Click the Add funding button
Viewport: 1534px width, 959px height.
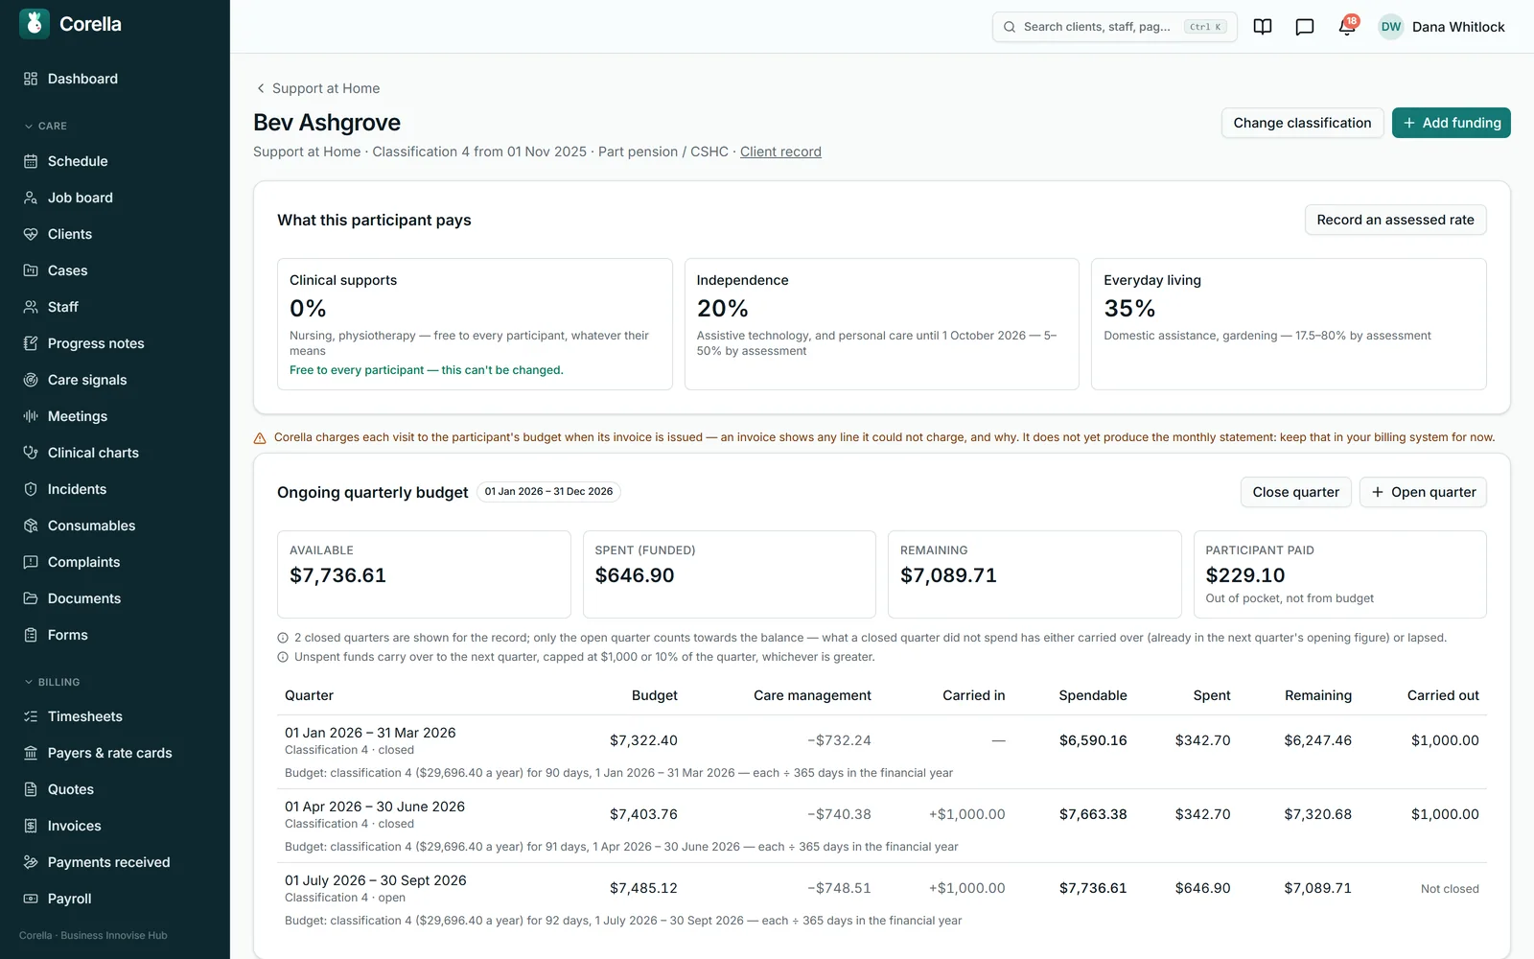tap(1451, 123)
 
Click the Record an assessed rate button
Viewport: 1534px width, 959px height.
tap(1395, 220)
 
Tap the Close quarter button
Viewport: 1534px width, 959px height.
tap(1295, 492)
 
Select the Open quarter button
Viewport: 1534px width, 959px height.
tap(1423, 492)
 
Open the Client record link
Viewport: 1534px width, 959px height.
tap(780, 152)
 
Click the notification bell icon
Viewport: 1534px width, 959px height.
tap(1346, 27)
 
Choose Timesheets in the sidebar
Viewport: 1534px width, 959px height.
tap(85, 715)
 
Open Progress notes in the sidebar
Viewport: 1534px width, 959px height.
tap(96, 343)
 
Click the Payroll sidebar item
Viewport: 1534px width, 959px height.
tap(69, 898)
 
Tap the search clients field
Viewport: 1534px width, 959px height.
tap(1114, 27)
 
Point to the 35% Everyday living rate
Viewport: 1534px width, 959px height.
tap(1129, 308)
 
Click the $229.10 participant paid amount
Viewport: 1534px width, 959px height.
tap(1244, 574)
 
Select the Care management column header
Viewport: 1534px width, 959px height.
tap(811, 695)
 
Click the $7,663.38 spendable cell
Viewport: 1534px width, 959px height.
tap(1092, 814)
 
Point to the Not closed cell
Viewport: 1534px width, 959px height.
tap(1449, 888)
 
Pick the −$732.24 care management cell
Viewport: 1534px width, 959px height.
tap(839, 739)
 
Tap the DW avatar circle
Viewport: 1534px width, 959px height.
tap(1390, 27)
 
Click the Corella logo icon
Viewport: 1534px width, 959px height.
tap(35, 24)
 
